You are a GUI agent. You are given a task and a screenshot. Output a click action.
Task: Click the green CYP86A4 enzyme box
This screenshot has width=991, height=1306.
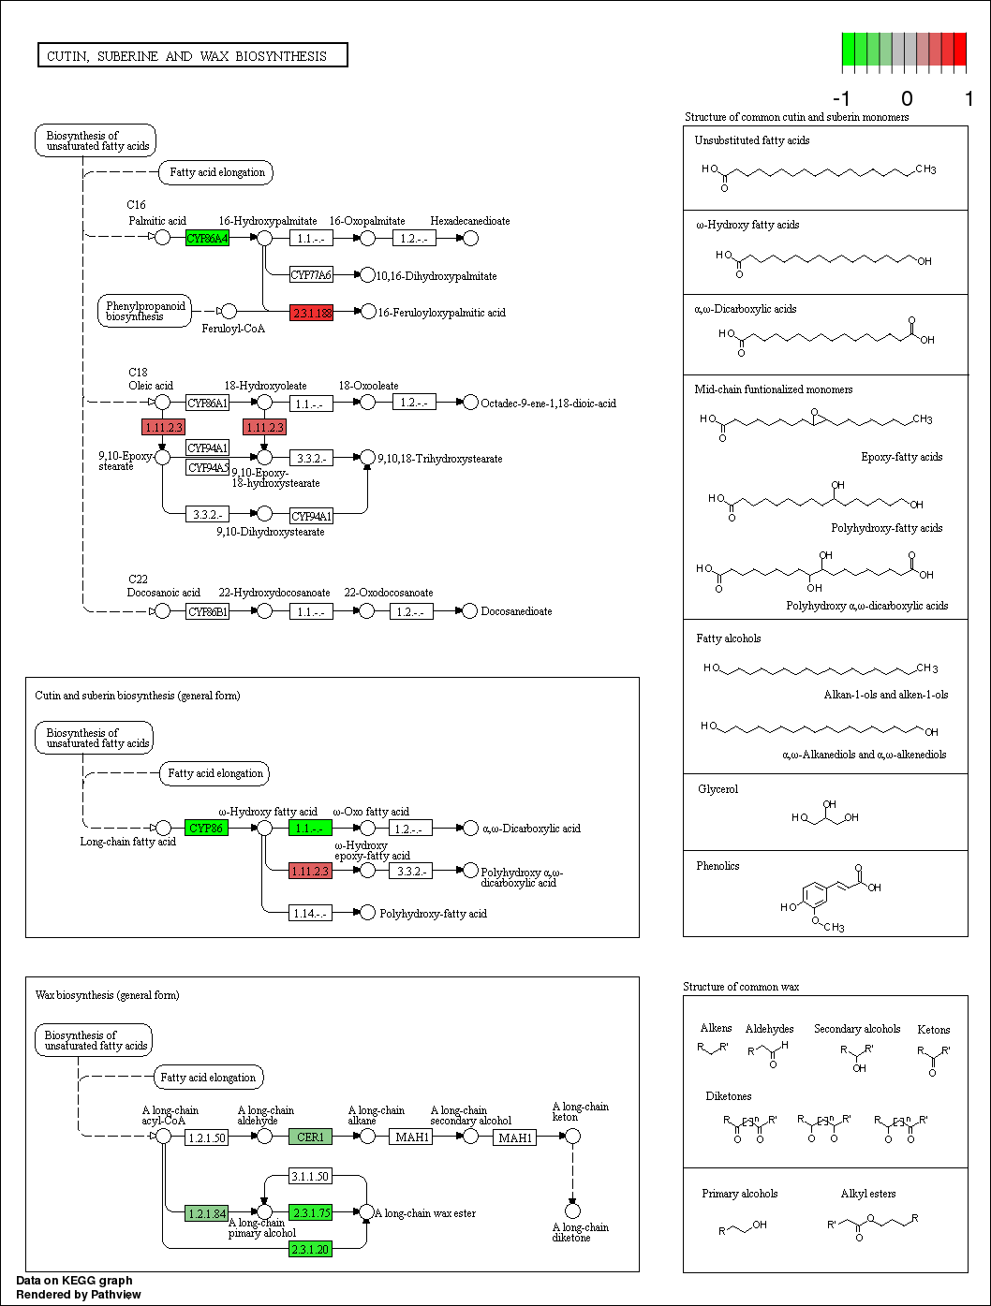pos(207,238)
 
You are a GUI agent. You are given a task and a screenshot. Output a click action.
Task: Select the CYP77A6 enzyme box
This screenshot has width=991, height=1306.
pos(311,274)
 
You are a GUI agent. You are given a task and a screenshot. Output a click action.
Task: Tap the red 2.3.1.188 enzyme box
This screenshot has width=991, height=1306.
pos(311,313)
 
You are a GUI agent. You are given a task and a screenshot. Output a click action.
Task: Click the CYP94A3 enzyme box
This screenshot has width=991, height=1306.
pos(207,467)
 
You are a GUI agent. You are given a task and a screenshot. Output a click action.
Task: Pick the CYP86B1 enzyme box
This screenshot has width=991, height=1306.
pos(207,611)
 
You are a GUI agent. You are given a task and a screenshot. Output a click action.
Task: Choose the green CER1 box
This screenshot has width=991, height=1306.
pos(310,1137)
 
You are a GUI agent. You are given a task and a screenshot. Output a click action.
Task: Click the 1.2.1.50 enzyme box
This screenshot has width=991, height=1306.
pos(207,1137)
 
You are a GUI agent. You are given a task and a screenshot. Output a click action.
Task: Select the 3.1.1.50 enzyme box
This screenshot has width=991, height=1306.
pos(310,1176)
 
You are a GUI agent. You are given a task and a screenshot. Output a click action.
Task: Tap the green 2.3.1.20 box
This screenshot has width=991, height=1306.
pos(310,1249)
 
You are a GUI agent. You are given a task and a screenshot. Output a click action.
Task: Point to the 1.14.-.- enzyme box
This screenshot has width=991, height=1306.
pos(310,913)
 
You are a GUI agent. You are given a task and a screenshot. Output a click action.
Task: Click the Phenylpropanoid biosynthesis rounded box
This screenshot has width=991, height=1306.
pos(145,311)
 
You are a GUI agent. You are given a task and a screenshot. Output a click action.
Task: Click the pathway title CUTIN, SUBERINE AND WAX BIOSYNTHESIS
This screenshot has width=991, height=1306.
pos(192,56)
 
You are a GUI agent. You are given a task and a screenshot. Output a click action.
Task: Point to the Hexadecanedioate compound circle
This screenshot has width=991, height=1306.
pos(471,238)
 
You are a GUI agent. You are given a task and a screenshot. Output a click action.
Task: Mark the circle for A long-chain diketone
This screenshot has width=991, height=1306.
pos(572,1211)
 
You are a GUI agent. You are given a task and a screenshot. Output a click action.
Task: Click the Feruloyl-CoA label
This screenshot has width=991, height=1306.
pos(233,329)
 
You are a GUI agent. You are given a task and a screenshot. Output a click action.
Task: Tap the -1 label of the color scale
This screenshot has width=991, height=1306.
pos(841,98)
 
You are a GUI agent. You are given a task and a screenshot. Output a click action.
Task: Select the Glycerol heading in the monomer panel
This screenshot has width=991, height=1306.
pos(717,789)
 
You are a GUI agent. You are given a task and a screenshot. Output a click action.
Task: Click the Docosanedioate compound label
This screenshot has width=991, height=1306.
pos(516,611)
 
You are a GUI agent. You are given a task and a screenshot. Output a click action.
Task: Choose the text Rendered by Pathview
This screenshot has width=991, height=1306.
pos(79,1295)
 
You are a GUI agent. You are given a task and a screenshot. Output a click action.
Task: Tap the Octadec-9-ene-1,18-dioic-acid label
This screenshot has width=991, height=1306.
pos(548,404)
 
